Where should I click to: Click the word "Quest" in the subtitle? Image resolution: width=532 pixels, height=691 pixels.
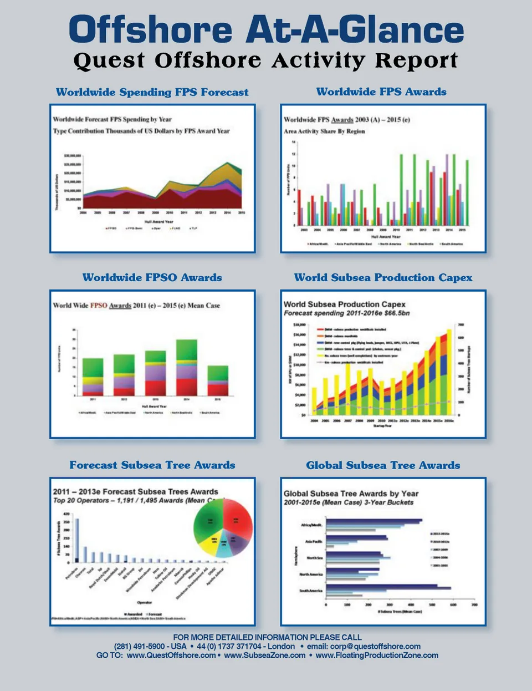(x=109, y=60)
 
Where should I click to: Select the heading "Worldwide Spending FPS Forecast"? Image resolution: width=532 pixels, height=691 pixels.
(x=152, y=92)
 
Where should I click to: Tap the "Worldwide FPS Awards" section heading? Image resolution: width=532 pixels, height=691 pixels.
(x=381, y=92)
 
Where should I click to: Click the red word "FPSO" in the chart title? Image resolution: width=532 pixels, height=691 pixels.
(x=99, y=305)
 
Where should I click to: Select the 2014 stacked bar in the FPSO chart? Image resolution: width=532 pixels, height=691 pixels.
(x=186, y=367)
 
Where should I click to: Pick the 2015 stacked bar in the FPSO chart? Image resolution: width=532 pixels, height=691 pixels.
(x=218, y=380)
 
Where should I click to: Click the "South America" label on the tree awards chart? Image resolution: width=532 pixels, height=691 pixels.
(x=311, y=591)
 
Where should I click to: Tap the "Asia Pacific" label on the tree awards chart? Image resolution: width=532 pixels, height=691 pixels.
(x=314, y=541)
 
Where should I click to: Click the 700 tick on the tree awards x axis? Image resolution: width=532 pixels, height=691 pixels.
(x=474, y=605)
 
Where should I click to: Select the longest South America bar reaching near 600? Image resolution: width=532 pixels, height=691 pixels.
(x=388, y=588)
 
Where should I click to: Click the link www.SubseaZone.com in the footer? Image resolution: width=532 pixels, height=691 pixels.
(x=265, y=656)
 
